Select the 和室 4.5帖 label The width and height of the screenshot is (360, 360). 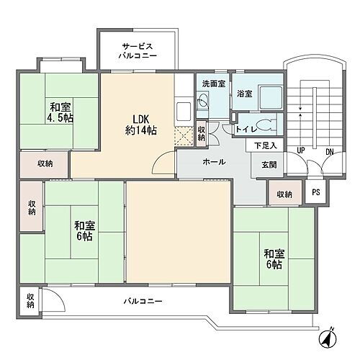[60, 109]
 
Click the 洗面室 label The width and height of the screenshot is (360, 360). [213, 84]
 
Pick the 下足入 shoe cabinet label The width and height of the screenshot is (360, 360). [264, 145]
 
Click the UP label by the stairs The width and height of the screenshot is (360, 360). [300, 152]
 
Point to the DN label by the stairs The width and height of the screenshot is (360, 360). [330, 152]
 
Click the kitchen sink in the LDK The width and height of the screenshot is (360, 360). [183, 110]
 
